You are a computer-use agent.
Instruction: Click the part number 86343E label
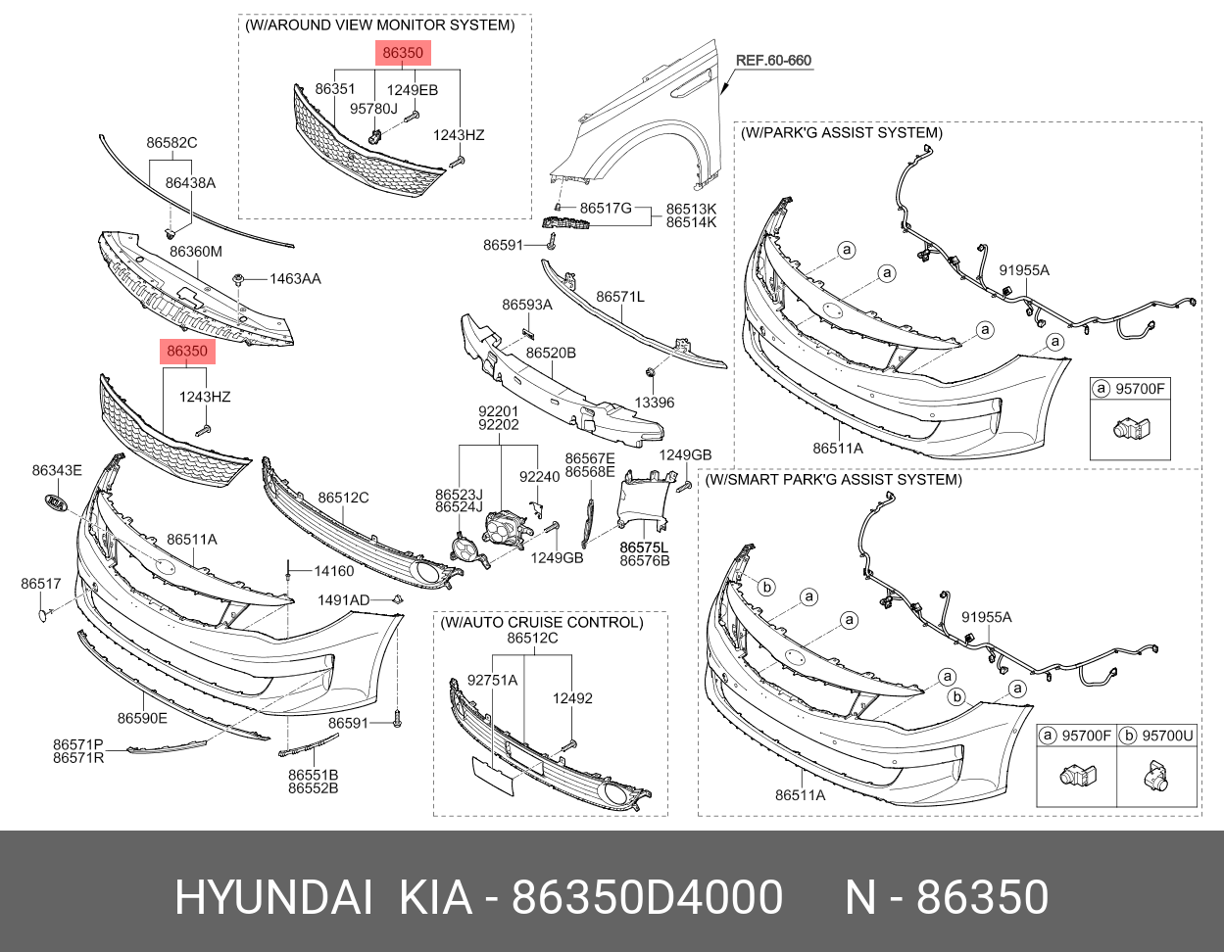57,471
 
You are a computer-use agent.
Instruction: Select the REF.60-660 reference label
773,61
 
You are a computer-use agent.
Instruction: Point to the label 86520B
551,353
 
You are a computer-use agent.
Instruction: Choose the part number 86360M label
196,252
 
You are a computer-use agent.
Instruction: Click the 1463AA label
295,279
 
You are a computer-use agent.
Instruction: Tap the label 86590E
143,718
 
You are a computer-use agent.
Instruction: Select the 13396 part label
654,403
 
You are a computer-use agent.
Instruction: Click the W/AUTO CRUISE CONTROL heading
541,622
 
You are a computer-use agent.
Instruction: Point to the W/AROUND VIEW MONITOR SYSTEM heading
379,24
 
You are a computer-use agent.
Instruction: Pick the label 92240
539,477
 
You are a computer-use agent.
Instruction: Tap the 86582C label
172,143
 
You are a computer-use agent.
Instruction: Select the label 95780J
373,109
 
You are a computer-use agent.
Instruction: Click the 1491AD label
343,599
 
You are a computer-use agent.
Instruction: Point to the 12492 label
572,698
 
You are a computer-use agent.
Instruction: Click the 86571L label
620,296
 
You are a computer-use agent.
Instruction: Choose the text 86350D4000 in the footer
648,897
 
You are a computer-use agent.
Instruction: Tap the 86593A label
527,305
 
